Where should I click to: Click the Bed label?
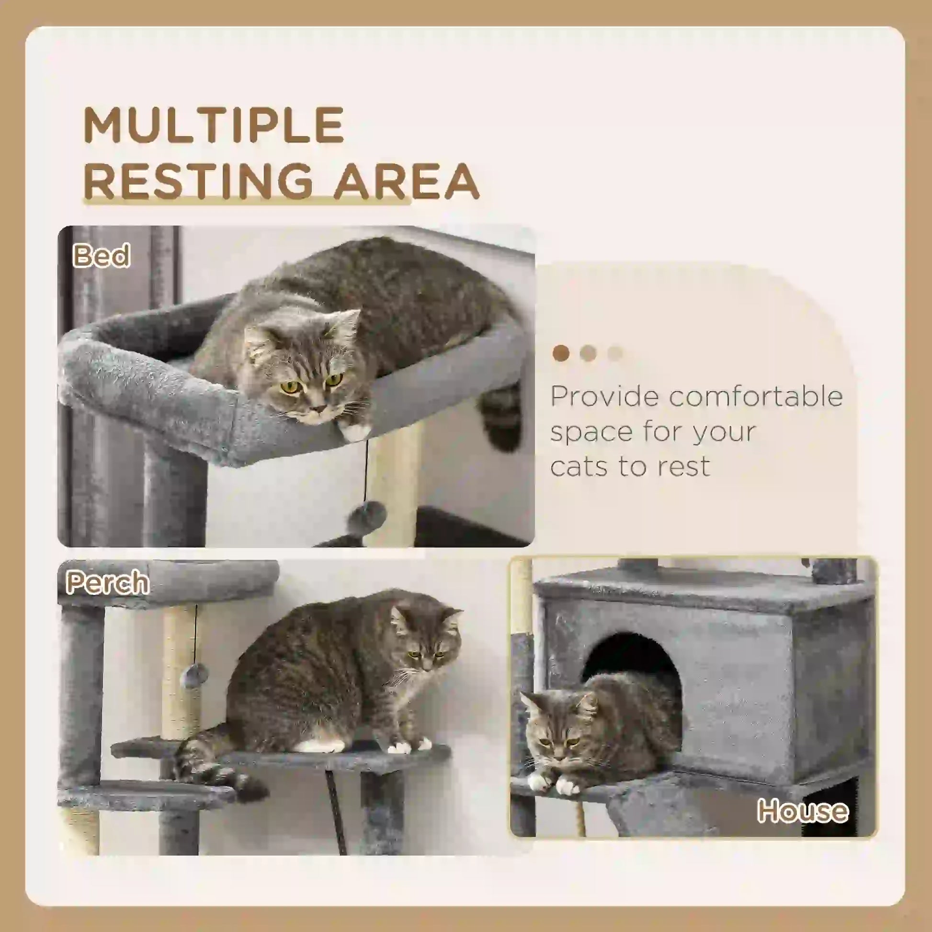(102, 255)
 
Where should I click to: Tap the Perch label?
(108, 582)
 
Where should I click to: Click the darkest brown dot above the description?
(561, 353)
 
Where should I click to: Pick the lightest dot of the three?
(615, 353)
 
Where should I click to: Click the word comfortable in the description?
(756, 397)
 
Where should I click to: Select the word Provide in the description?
(605, 397)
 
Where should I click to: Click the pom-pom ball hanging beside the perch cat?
(196, 675)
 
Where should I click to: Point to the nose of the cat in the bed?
(317, 409)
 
